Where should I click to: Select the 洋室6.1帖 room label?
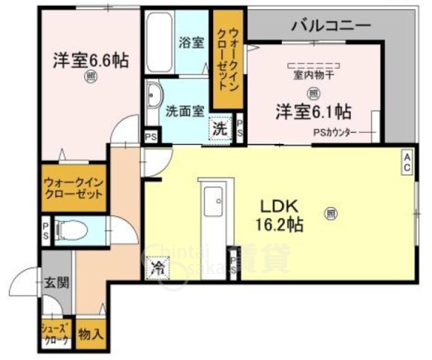[313, 111]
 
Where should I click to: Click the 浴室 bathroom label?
[191, 42]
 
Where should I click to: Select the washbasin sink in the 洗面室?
[154, 96]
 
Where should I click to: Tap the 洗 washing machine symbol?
[220, 128]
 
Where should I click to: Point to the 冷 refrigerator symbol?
[158, 266]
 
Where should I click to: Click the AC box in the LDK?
[407, 163]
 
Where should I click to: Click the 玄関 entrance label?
[55, 283]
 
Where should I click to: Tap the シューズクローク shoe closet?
[55, 334]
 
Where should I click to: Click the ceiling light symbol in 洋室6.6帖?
[90, 75]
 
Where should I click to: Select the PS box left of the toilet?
[46, 228]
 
